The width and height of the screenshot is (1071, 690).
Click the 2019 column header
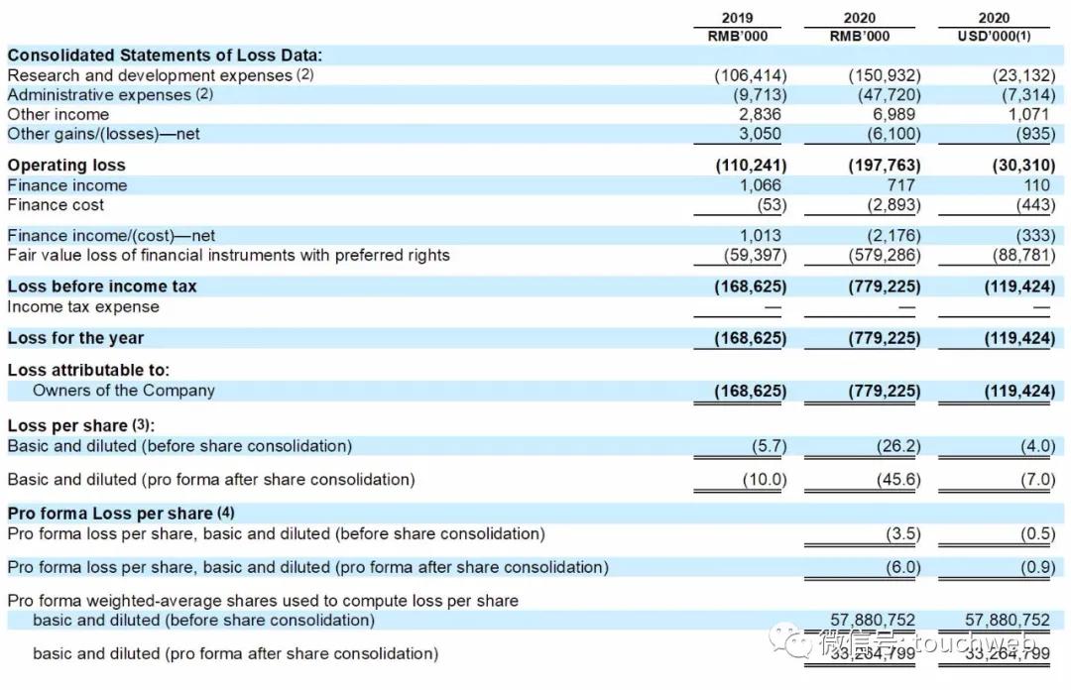tap(737, 17)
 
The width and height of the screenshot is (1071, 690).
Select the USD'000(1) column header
tap(994, 36)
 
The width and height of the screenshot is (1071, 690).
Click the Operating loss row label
tap(66, 165)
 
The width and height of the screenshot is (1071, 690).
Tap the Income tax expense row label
tap(83, 306)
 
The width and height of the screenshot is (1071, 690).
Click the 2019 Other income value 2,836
tap(761, 114)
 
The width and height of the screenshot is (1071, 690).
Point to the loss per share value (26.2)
tap(899, 446)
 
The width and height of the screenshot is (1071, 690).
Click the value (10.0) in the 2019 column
tap(765, 480)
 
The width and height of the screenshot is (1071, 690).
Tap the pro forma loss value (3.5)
tap(903, 534)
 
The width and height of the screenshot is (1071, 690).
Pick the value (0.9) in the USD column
tap(1037, 567)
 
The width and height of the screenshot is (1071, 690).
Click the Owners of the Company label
tap(124, 390)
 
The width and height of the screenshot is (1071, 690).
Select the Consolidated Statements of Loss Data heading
tap(165, 56)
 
